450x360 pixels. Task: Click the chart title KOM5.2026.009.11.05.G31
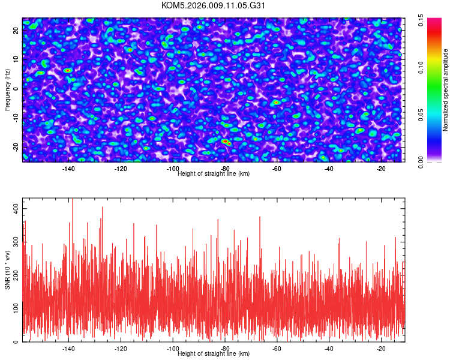coord(214,5)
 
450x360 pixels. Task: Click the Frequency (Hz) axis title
coord(7,90)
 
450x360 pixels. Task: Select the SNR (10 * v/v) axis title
coord(7,269)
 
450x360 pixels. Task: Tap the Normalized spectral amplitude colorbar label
coord(446,90)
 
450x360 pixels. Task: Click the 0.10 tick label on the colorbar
coord(421,67)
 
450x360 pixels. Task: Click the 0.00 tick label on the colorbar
coord(421,161)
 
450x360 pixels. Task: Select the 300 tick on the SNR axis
coord(17,241)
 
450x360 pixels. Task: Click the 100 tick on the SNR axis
coord(17,308)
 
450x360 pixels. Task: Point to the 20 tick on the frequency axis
coord(17,31)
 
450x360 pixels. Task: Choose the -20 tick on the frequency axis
coord(17,146)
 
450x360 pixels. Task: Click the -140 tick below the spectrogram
coord(68,169)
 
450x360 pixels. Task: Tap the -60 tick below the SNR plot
coord(277,349)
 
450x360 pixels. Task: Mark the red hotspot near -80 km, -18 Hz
coord(226,142)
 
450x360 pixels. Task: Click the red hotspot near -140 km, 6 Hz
coord(68,70)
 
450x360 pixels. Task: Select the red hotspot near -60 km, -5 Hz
coord(276,103)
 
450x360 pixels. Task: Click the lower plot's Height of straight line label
coord(214,354)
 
